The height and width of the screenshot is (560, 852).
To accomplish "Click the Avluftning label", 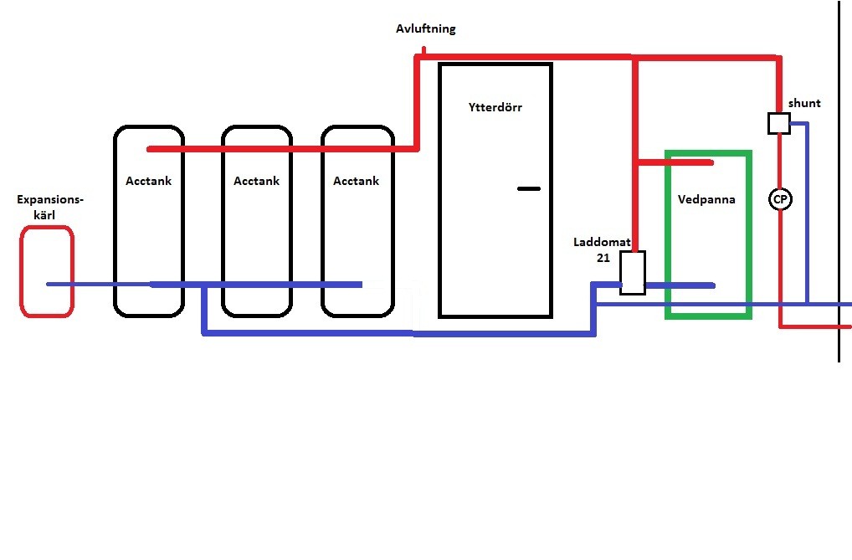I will click(x=425, y=28).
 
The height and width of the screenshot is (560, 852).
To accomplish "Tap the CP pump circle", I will click(x=780, y=199).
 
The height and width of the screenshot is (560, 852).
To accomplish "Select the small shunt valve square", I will click(x=779, y=123).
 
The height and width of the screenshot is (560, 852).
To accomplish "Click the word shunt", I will click(x=804, y=103).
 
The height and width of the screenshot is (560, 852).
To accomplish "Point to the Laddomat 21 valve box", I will click(x=633, y=273).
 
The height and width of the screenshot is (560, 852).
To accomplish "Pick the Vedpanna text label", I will click(x=706, y=199).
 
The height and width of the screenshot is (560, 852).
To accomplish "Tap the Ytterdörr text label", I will click(x=495, y=107).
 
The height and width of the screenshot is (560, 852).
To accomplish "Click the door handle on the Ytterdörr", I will click(x=529, y=188).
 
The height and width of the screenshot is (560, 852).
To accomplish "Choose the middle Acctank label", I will click(x=256, y=181).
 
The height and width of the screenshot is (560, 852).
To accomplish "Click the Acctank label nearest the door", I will click(x=356, y=181).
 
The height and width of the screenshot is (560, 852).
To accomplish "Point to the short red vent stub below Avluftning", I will click(x=424, y=52).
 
